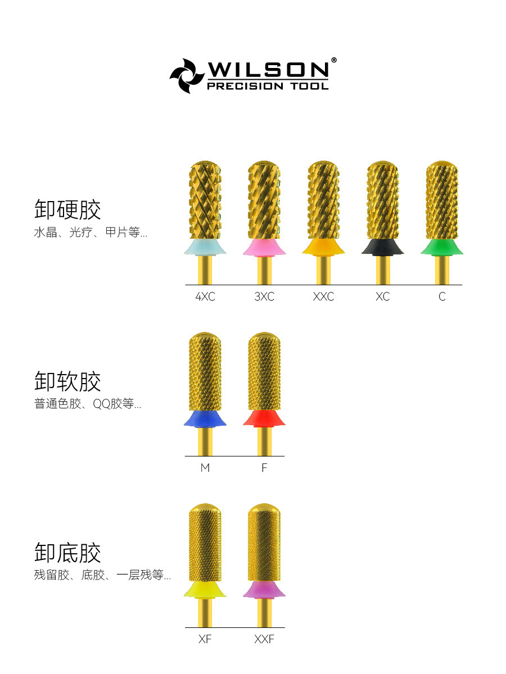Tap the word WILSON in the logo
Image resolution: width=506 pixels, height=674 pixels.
pos(268,69)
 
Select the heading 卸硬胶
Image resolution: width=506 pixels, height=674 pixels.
pos(67,210)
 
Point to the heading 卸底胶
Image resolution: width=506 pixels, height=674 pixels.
pos(67,553)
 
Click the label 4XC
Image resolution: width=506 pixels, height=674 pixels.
pos(205,297)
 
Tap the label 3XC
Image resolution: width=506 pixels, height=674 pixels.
pos(264,297)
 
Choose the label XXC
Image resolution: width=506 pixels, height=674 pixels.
pos(323,297)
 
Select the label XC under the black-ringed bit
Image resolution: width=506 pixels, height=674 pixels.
pos(382,297)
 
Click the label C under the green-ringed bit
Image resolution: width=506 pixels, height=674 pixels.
pos(442,297)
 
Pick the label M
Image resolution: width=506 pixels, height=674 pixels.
pos(205,468)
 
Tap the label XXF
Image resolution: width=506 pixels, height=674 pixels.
pos(264,639)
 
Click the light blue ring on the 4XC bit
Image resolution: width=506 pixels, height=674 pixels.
pos(205,248)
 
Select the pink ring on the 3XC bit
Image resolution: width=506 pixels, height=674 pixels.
pos(264,248)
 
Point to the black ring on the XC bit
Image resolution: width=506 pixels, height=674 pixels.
pos(382,248)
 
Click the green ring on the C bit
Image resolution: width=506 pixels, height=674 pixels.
pos(442,248)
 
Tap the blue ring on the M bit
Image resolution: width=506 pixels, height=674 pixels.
pos(205,418)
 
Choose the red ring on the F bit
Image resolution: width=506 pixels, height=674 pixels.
pos(264,418)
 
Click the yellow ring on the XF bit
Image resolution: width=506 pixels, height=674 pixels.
pos(205,590)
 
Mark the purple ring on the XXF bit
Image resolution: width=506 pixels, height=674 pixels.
pos(264,590)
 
